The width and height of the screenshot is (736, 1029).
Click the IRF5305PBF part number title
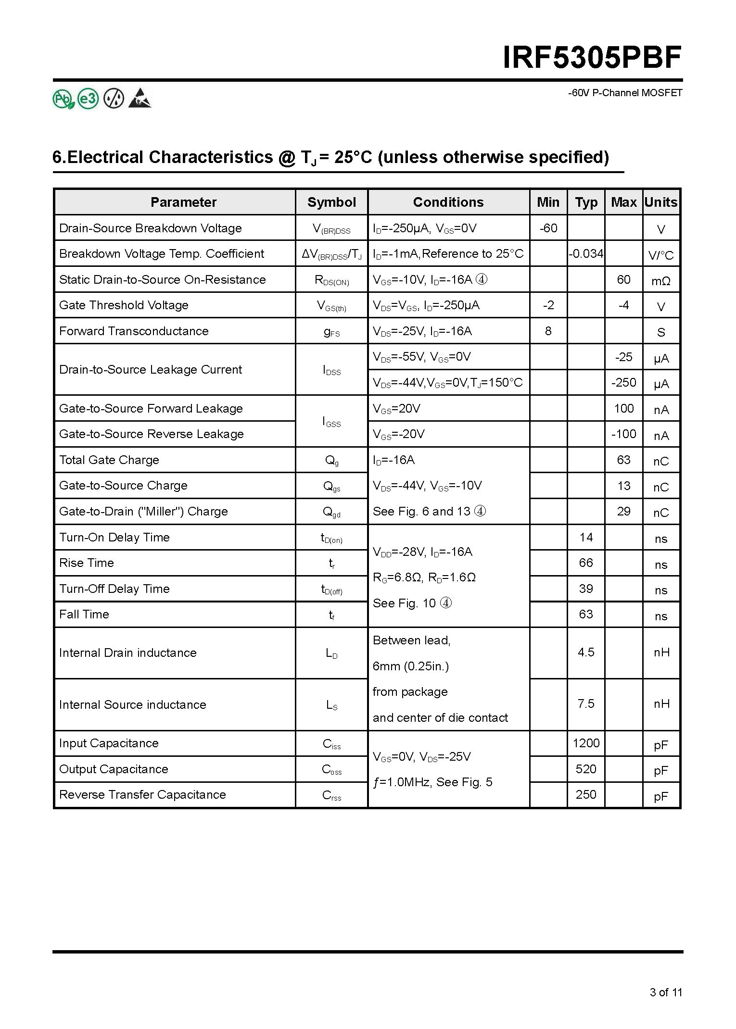point(592,59)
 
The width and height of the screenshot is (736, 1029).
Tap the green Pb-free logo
point(63,99)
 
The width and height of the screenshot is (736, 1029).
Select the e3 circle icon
point(88,99)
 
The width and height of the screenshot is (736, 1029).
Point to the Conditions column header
point(448,202)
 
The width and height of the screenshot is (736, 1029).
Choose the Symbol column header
point(331,202)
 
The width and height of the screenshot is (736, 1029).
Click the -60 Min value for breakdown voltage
point(548,228)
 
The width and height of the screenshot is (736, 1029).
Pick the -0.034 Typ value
point(586,253)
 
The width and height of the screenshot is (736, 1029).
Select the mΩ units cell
point(661,281)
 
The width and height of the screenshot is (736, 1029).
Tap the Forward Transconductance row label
point(134,331)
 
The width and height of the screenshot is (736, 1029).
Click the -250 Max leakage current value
point(623,382)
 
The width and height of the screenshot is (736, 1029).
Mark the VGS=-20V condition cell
point(399,434)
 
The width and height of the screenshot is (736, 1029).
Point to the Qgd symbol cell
point(331,512)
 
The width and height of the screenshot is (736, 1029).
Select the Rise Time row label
point(87,563)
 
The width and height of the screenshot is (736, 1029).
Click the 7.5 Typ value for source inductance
point(586,704)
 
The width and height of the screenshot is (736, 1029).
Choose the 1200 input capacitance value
point(586,743)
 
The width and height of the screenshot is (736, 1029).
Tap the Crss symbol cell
point(331,795)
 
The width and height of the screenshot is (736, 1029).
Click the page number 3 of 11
point(666,992)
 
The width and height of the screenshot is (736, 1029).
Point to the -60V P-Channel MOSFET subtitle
point(625,93)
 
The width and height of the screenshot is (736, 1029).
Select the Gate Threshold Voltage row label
point(124,305)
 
